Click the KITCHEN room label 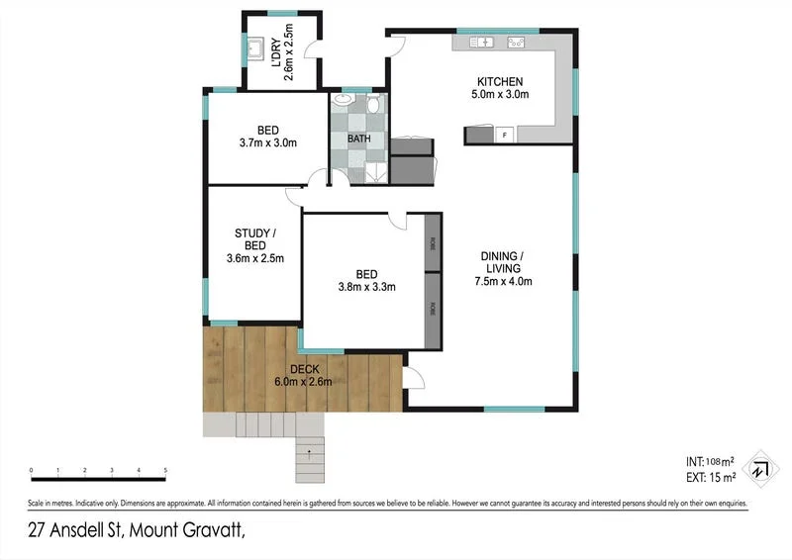(500, 81)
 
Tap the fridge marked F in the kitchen (504, 135)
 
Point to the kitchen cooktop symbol (515, 43)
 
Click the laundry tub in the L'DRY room (254, 48)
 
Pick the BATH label (358, 139)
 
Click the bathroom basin (343, 100)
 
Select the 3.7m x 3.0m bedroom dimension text (267, 143)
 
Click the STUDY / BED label (254, 239)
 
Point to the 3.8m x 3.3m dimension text (366, 288)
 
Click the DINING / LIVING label (502, 262)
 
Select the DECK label (304, 368)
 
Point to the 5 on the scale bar (165, 471)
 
